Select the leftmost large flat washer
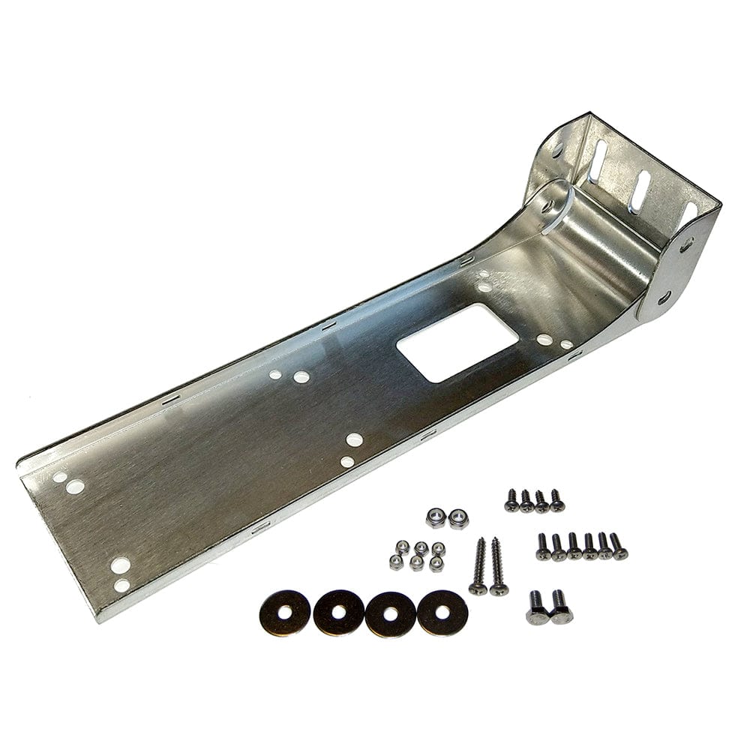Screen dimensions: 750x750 pyautogui.click(x=285, y=612)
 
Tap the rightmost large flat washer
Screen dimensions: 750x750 pyautogui.click(x=442, y=612)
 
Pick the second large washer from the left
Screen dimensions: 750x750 pyautogui.click(x=338, y=612)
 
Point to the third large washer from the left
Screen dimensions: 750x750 pyautogui.click(x=390, y=613)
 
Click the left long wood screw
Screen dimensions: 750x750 pyautogui.click(x=478, y=565)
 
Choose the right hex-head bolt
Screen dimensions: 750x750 pyautogui.click(x=559, y=607)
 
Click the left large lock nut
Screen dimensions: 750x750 pyautogui.click(x=435, y=517)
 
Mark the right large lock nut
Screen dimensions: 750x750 pyautogui.click(x=457, y=517)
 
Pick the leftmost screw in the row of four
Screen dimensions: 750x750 pyautogui.click(x=511, y=500)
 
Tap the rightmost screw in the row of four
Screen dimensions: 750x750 pyautogui.click(x=556, y=500)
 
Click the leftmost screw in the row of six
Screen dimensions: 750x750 pyautogui.click(x=543, y=547)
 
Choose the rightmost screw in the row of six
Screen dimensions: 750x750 pyautogui.click(x=618, y=547)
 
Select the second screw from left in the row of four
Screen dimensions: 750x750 pyautogui.click(x=526, y=500)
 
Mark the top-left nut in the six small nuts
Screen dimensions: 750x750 pyautogui.click(x=403, y=545)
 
